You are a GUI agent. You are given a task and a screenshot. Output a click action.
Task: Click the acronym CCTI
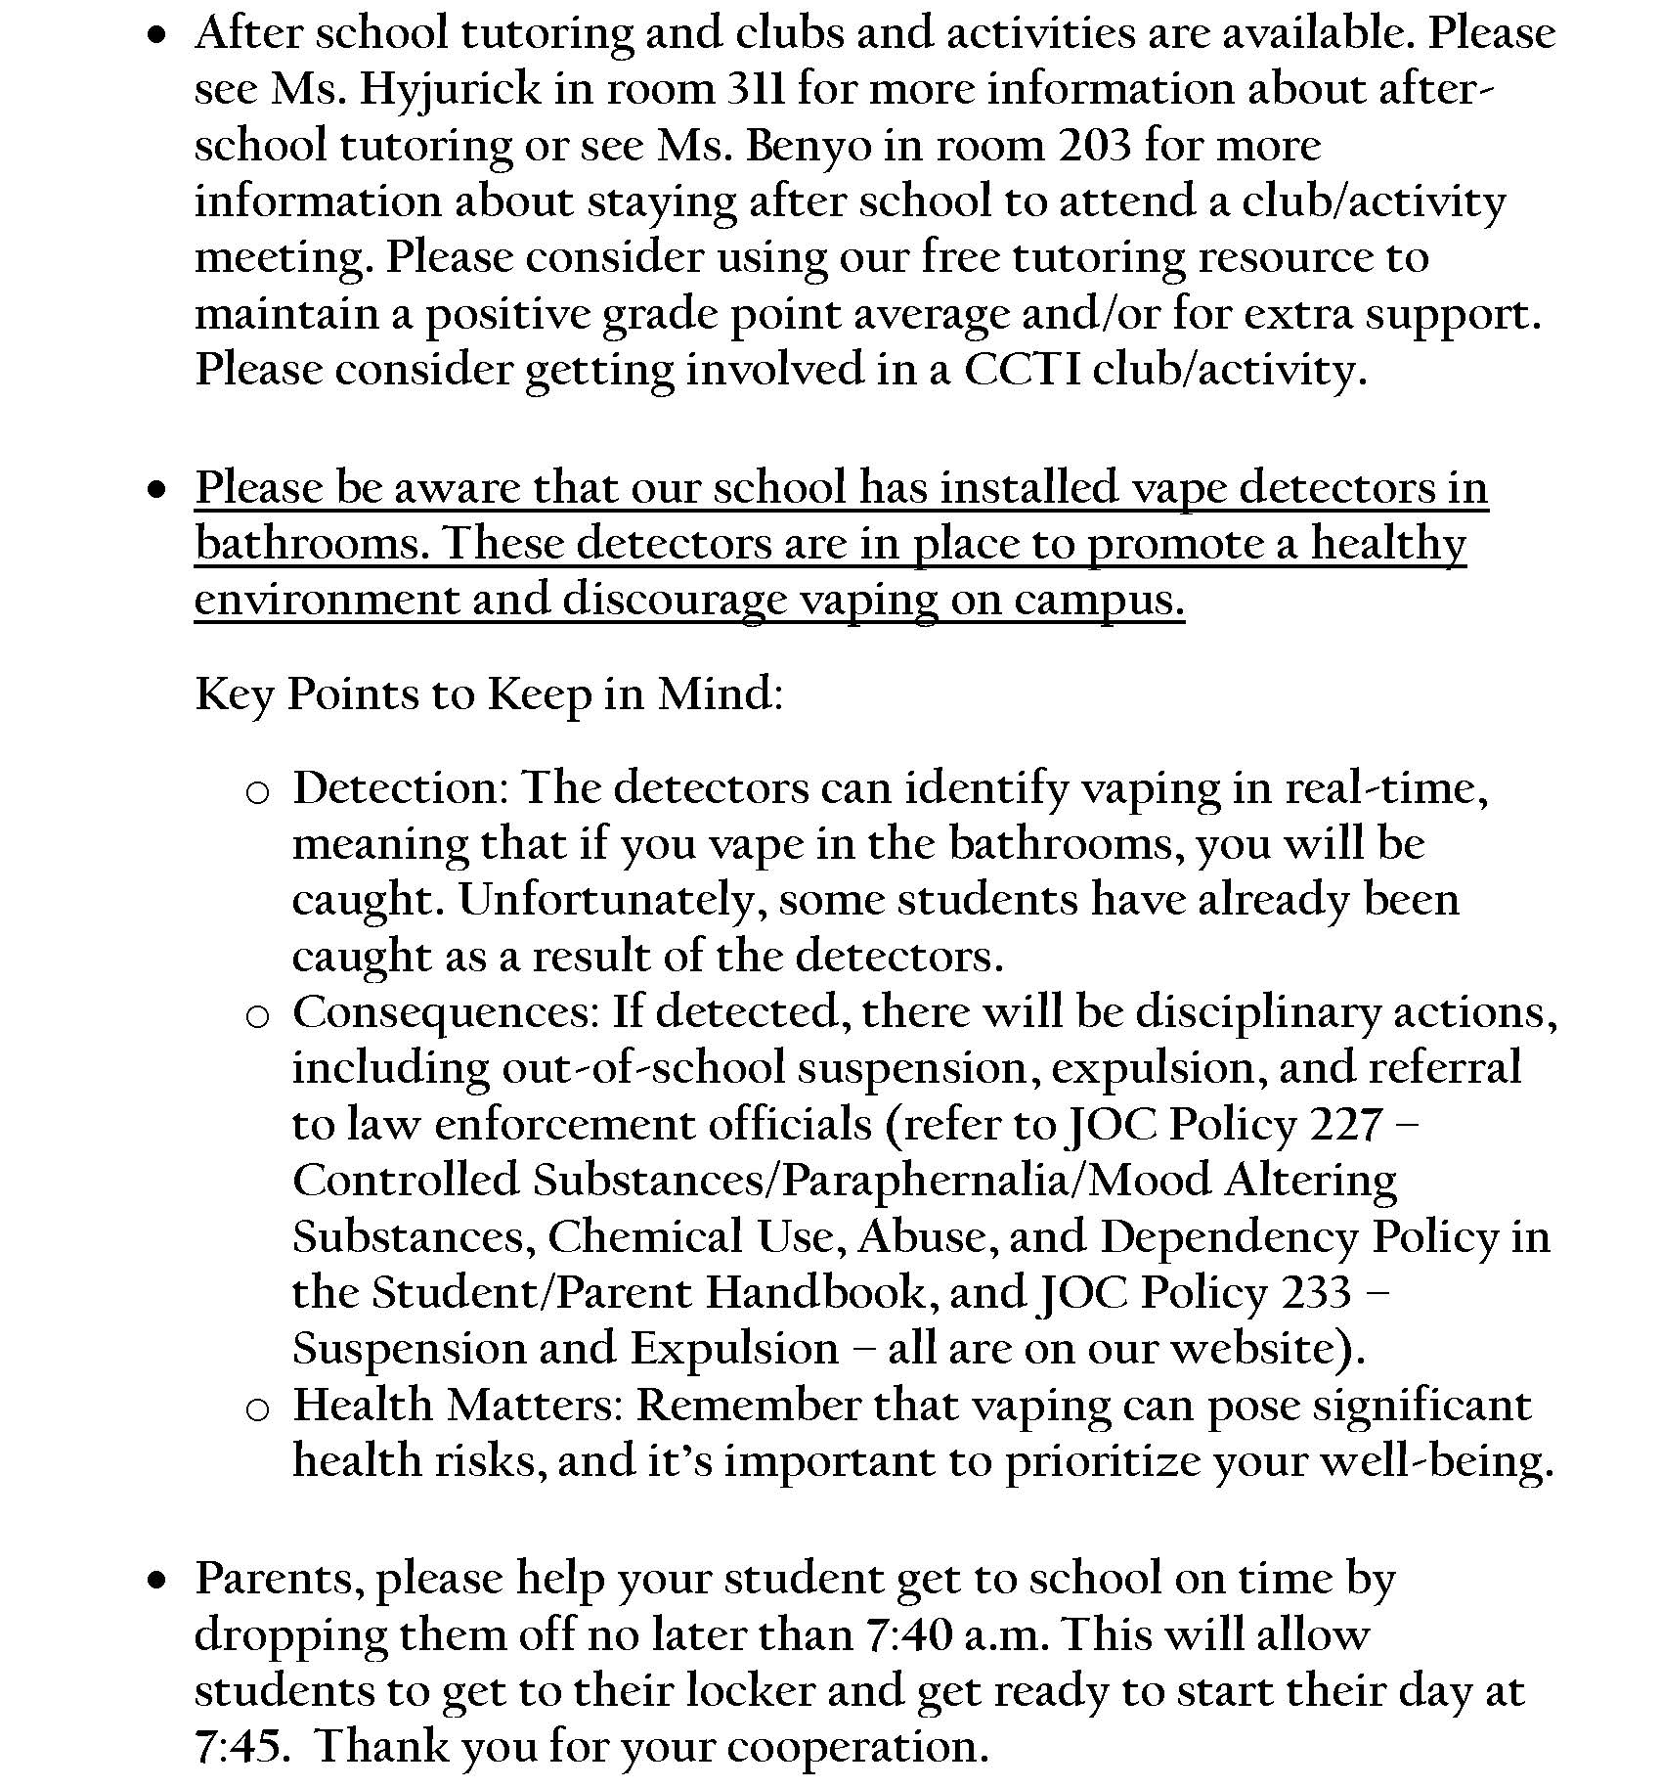[x=1022, y=370]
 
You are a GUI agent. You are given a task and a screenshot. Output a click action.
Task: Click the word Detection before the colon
[x=395, y=788]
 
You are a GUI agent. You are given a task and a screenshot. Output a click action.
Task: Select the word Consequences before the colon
[x=443, y=1012]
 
